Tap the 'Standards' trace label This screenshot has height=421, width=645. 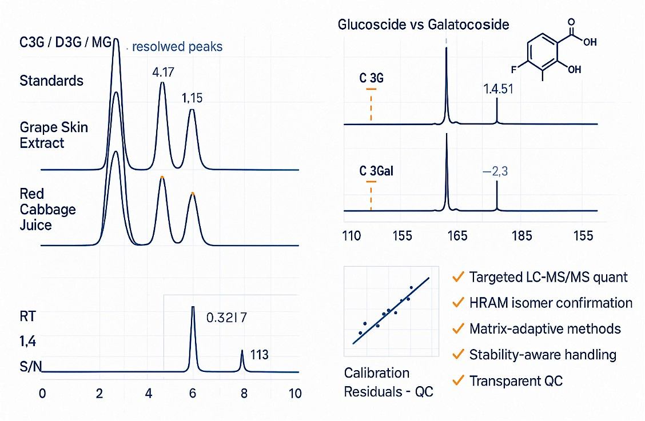pos(51,81)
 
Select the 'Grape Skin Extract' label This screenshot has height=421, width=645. pos(54,134)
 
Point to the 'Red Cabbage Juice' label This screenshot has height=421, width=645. pos(47,210)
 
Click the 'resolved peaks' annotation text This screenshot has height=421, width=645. pos(177,47)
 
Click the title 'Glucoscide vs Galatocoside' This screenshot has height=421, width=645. pos(423,25)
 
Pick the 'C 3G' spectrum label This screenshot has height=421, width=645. pos(372,79)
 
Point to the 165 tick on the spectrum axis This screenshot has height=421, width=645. pos(457,235)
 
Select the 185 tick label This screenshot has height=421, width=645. pos(523,235)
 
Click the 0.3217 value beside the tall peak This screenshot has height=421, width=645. pos(226,318)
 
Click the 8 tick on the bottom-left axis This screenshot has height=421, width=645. pos(244,394)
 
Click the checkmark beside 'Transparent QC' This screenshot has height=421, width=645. pos(457,380)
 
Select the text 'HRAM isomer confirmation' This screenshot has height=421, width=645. pos(551,303)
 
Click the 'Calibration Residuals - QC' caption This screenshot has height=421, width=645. pos(388,382)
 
